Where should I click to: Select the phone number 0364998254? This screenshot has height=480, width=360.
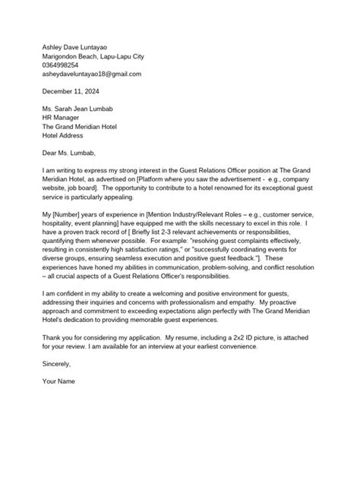(x=65, y=65)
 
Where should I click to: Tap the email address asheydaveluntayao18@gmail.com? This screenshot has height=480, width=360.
(x=92, y=75)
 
